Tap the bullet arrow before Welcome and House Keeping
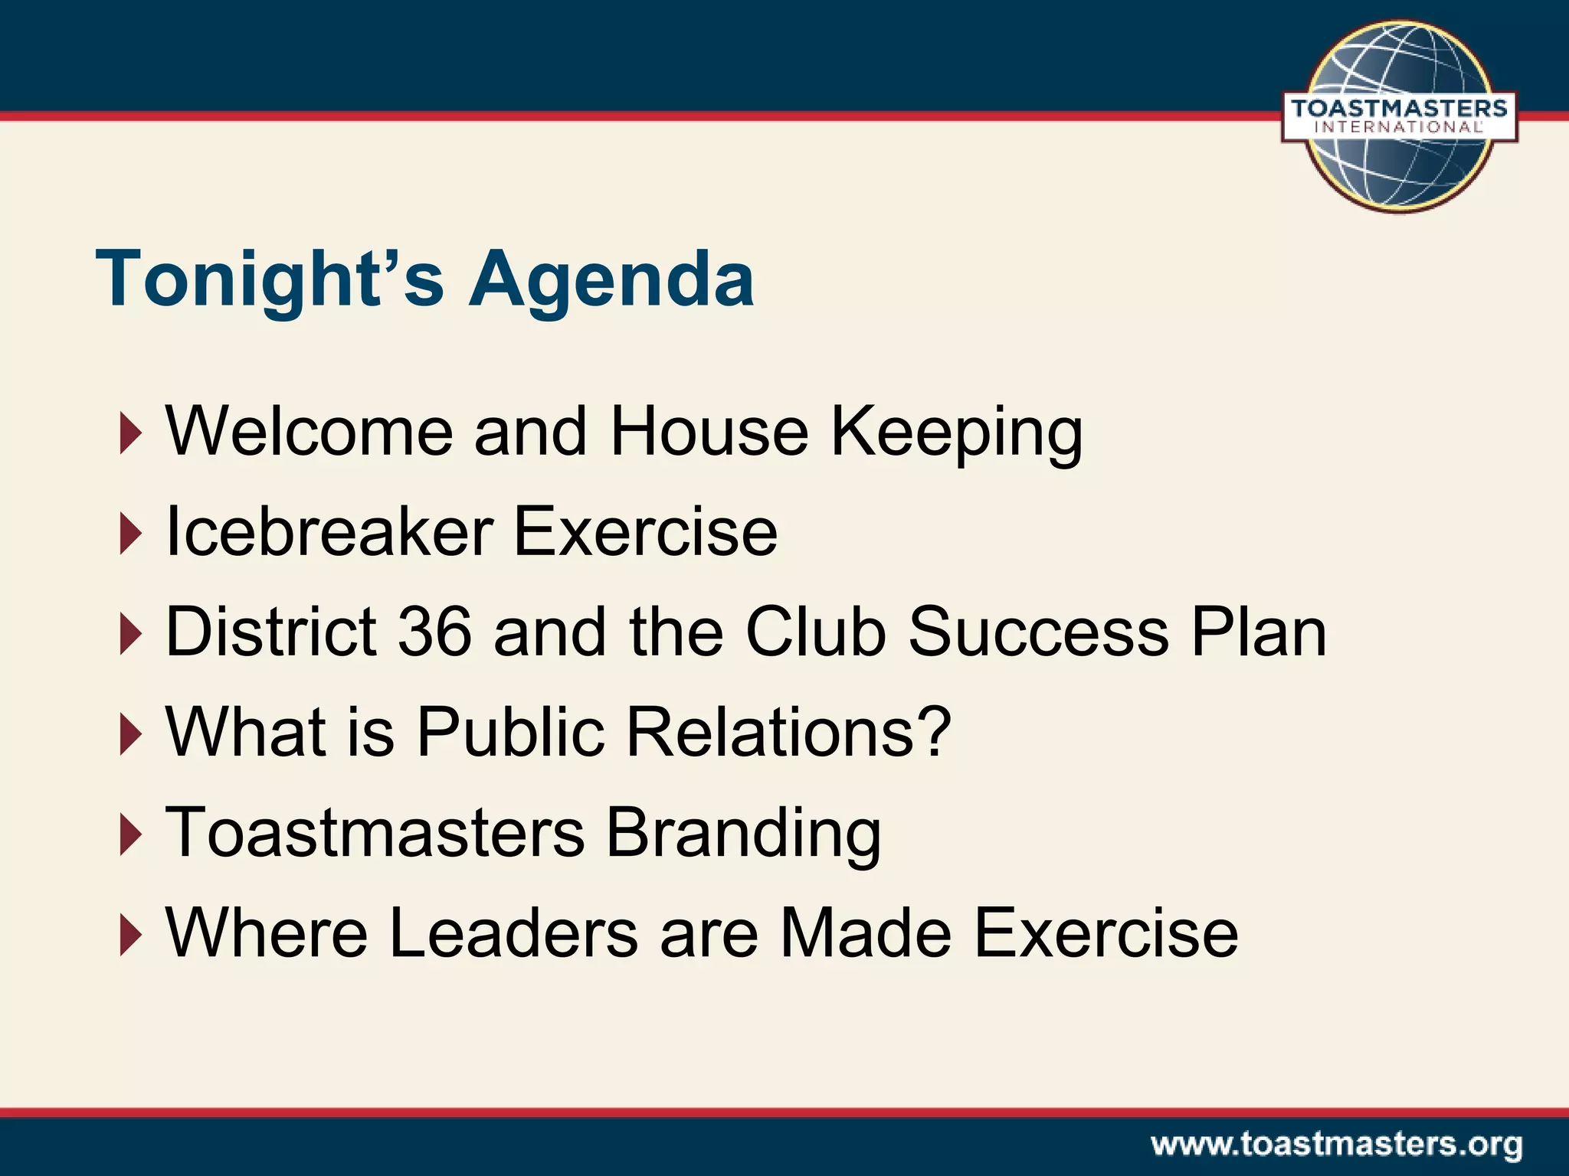[x=131, y=434]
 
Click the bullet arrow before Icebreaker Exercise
[x=131, y=534]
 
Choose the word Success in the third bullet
[x=1038, y=632]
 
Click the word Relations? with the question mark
[x=789, y=732]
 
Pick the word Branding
[x=743, y=833]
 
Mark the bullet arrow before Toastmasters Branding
[x=131, y=835]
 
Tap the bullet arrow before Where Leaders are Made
[x=131, y=936]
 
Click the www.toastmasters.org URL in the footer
[x=1336, y=1145]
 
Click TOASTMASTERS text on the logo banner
[x=1399, y=108]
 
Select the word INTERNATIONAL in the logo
[x=1399, y=127]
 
